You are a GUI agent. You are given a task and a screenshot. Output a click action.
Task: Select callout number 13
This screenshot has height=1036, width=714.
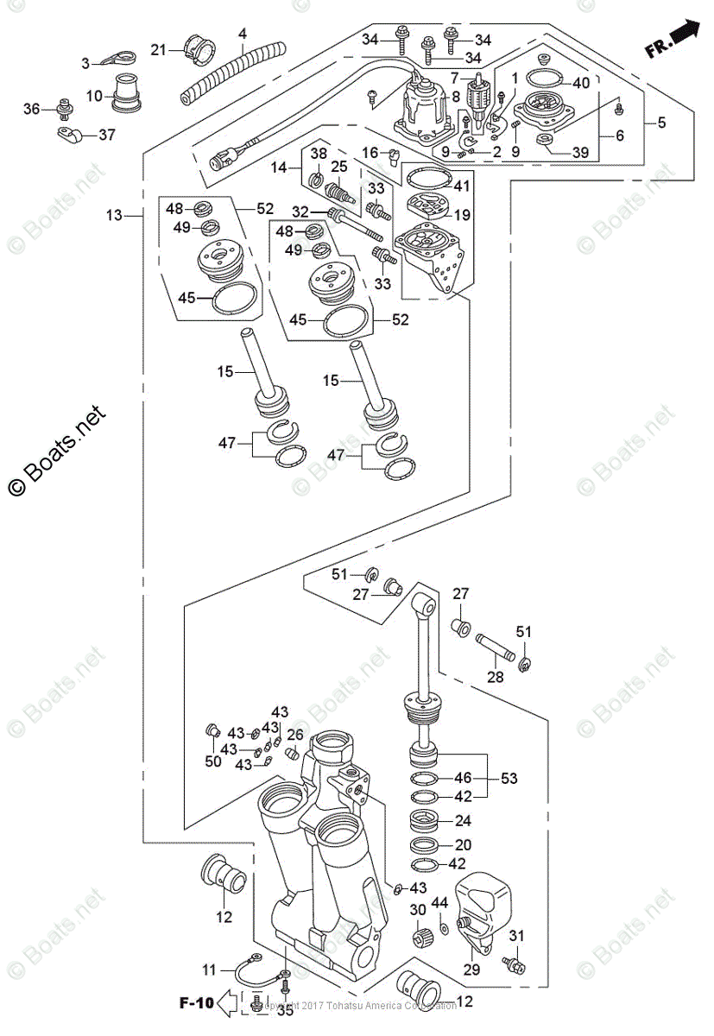point(115,215)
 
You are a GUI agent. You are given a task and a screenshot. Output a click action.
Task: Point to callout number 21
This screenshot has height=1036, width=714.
point(157,50)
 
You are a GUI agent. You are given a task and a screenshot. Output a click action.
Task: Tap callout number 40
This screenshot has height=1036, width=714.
point(580,83)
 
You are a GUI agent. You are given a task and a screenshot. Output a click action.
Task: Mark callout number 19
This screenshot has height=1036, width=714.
point(462,215)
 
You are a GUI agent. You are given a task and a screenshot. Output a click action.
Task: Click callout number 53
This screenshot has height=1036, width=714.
point(509,779)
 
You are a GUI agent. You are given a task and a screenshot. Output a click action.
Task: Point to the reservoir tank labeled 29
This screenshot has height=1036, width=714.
point(485,906)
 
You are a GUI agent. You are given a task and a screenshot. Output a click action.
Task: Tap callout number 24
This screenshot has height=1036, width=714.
point(463,821)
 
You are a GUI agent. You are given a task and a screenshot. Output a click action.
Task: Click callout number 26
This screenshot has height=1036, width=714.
point(295,736)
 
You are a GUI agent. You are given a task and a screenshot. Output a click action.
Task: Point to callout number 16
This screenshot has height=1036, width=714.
point(370,153)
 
